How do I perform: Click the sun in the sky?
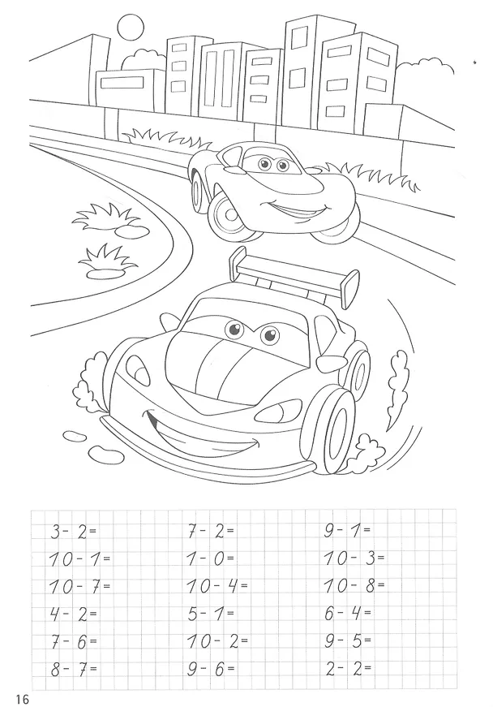pyautogui.click(x=130, y=27)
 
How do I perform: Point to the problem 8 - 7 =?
pyautogui.click(x=74, y=669)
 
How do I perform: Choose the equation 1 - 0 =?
pyautogui.click(x=211, y=559)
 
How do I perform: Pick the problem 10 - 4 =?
pyautogui.click(x=217, y=587)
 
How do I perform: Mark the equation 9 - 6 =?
pyautogui.click(x=211, y=669)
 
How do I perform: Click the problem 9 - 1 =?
pyautogui.click(x=348, y=531)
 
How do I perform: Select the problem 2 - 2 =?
pyautogui.click(x=349, y=668)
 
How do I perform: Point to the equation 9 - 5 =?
pyautogui.click(x=348, y=640)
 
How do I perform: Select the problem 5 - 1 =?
pyautogui.click(x=211, y=614)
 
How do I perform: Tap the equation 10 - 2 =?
pyautogui.click(x=217, y=641)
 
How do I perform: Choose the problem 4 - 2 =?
pyautogui.click(x=74, y=614)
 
